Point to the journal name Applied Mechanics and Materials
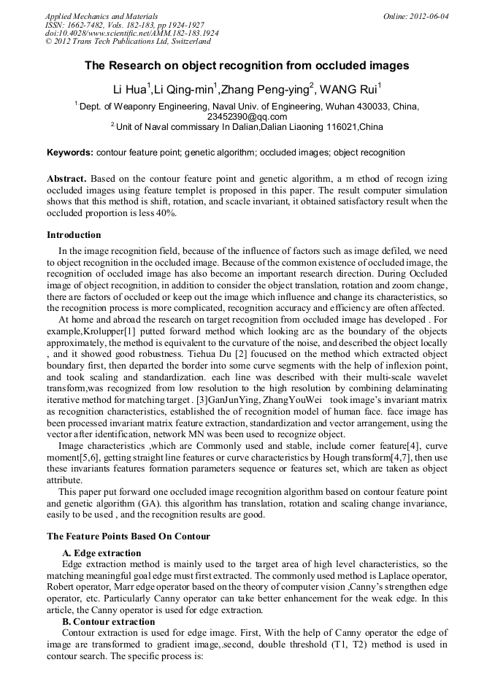click(101, 15)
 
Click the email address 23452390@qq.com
click(247, 117)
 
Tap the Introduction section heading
click(74, 235)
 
